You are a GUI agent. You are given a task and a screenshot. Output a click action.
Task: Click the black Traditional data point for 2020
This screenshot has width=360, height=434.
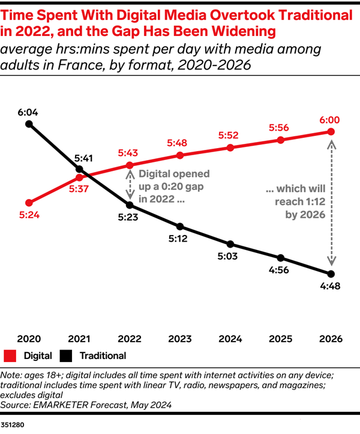click(29, 124)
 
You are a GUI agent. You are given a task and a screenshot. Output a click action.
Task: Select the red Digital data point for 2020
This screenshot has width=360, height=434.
click(29, 202)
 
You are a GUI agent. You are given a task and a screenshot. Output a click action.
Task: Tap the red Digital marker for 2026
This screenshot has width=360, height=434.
click(331, 132)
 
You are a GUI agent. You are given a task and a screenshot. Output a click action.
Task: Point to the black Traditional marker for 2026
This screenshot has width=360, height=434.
click(331, 274)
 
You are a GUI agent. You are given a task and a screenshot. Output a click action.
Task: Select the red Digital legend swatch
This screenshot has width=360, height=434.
click(10, 355)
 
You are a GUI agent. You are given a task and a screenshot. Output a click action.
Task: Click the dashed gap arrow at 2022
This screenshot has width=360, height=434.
click(130, 183)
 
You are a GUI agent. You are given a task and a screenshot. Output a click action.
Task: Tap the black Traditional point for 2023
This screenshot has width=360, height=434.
click(180, 227)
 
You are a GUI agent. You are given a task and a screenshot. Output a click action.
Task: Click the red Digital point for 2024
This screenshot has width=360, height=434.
click(230, 148)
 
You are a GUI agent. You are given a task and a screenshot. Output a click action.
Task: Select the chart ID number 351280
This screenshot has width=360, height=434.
click(13, 424)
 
